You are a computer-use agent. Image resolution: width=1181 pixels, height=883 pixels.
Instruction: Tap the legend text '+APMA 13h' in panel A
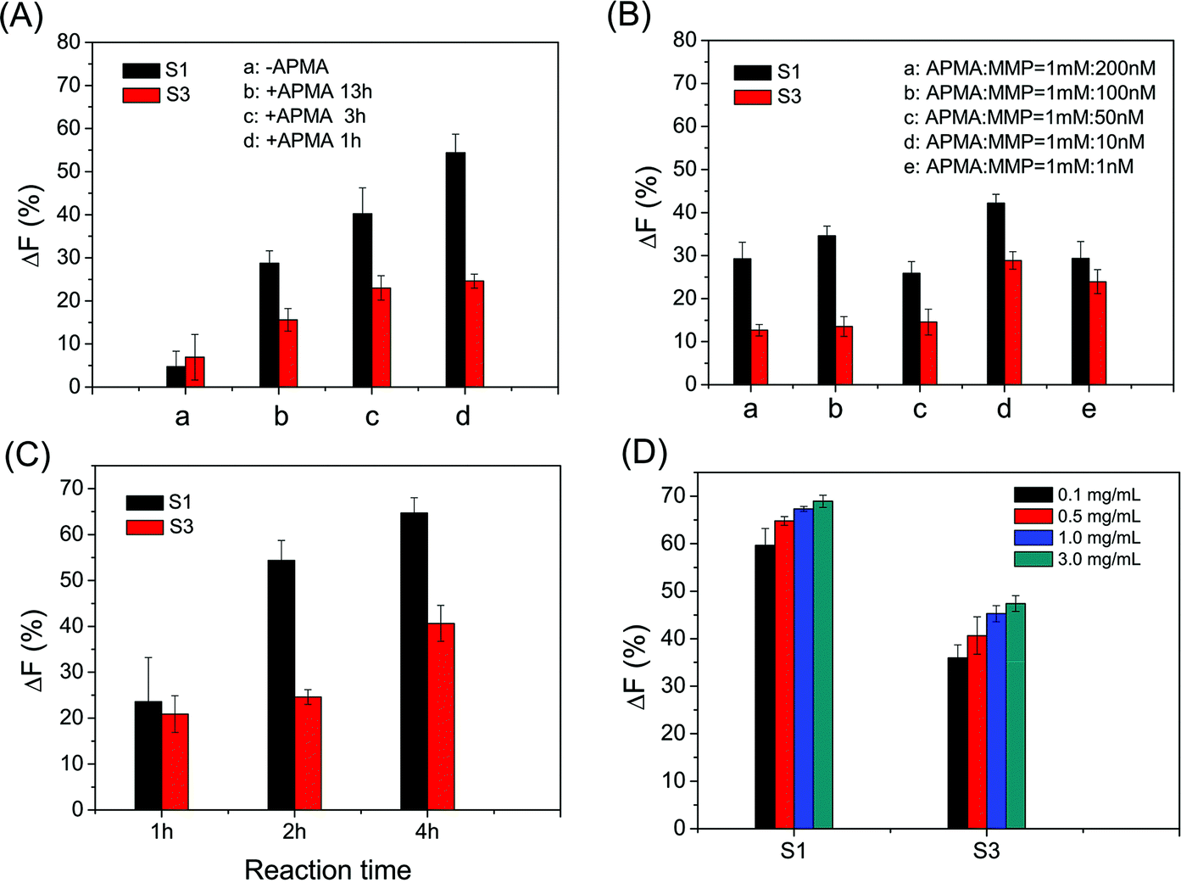tap(308, 92)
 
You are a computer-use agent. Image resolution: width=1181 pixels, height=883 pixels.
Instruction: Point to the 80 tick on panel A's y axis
tap(69, 42)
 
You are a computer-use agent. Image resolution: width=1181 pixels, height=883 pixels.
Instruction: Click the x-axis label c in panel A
tap(372, 416)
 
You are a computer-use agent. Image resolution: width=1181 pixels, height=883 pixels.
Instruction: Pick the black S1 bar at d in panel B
tap(995, 293)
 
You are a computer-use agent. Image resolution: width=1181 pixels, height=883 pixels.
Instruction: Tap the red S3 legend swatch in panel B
tap(753, 97)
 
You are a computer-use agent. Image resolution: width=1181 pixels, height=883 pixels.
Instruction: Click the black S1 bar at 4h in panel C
tap(414, 661)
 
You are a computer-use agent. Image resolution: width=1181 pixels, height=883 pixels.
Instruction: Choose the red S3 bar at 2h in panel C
tap(308, 753)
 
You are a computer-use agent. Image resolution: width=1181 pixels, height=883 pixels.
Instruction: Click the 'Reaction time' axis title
tap(327, 869)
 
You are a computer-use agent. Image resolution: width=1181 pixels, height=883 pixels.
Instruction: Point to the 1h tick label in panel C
tap(162, 832)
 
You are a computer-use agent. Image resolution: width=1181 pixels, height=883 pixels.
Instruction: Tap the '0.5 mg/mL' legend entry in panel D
tap(1099, 517)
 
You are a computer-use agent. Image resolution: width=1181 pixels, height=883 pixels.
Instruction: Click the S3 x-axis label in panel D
tap(986, 851)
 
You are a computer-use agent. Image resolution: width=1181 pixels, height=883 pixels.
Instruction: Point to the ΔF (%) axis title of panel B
tap(649, 208)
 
